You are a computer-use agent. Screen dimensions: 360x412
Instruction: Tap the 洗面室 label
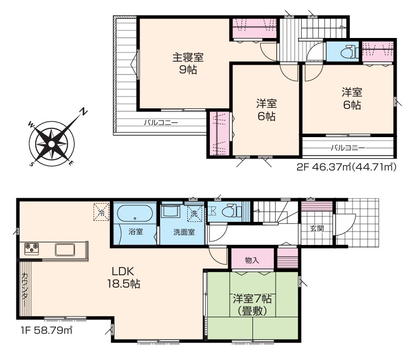pos(183,232)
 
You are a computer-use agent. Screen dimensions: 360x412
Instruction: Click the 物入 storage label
pos(252,260)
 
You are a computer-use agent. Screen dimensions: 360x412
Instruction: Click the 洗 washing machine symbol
pos(194,213)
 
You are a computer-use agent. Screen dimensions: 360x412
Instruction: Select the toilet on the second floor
pos(348,51)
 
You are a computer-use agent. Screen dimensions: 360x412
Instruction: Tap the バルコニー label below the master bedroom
pos(160,123)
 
